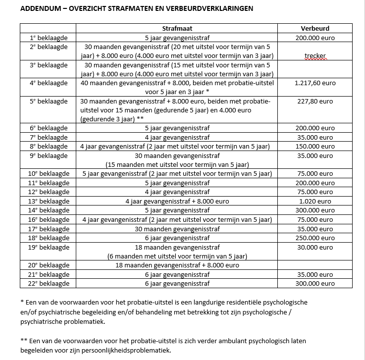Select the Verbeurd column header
(314, 29)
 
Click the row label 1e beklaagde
(49, 38)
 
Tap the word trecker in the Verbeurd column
(315, 56)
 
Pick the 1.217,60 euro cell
(314, 83)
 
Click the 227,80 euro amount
(314, 102)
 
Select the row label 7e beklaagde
(49, 137)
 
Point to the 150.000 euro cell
(314, 147)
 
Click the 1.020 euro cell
(314, 202)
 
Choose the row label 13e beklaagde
(49, 202)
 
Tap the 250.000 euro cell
(314, 238)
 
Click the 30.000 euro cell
(314, 247)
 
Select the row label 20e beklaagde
(49, 265)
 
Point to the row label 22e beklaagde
(49, 284)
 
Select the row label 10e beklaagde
(49, 174)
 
